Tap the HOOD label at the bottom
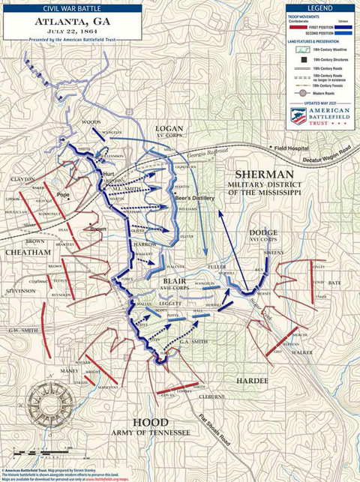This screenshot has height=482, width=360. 153,423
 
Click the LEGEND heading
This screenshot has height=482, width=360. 320,7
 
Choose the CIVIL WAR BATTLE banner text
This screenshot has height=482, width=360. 73,8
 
